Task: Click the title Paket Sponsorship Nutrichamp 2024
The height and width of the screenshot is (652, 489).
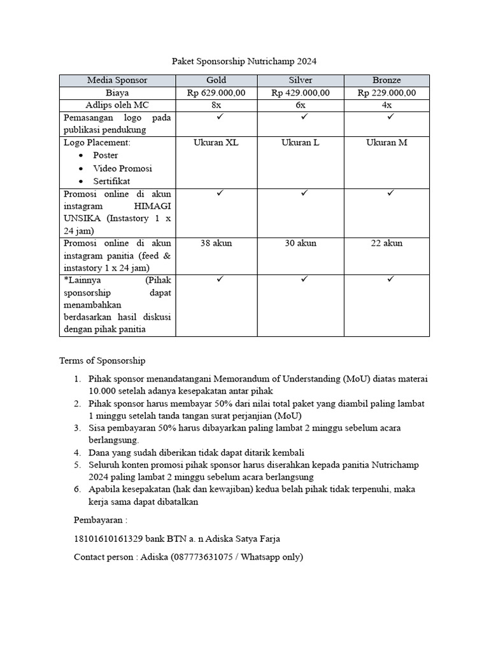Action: pyautogui.click(x=244, y=62)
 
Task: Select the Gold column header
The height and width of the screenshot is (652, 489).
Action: pyautogui.click(x=216, y=80)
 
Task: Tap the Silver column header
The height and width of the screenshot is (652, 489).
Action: pyautogui.click(x=301, y=80)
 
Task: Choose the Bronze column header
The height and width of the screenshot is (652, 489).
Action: pyautogui.click(x=386, y=80)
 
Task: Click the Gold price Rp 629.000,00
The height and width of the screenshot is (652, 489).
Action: pyautogui.click(x=216, y=93)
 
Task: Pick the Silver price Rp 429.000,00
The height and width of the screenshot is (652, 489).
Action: pyautogui.click(x=301, y=93)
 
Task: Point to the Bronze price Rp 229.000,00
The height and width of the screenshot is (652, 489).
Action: pyautogui.click(x=386, y=93)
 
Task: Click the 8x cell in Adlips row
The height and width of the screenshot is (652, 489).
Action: pyautogui.click(x=216, y=105)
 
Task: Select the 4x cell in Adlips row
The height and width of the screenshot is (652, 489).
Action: pyautogui.click(x=386, y=105)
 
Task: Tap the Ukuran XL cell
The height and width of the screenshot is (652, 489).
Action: pyautogui.click(x=216, y=143)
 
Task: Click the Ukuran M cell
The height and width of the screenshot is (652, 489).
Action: pyautogui.click(x=386, y=143)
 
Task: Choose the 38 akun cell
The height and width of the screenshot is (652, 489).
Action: pyautogui.click(x=216, y=243)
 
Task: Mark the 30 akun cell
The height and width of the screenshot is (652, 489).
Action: pyautogui.click(x=301, y=243)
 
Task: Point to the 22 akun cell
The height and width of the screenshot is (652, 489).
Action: pyautogui.click(x=386, y=243)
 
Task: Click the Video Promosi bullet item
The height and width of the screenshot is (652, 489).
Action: pyautogui.click(x=122, y=168)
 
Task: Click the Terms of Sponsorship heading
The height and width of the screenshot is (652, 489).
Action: pyautogui.click(x=102, y=360)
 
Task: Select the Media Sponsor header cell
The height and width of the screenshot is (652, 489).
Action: pyautogui.click(x=117, y=80)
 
